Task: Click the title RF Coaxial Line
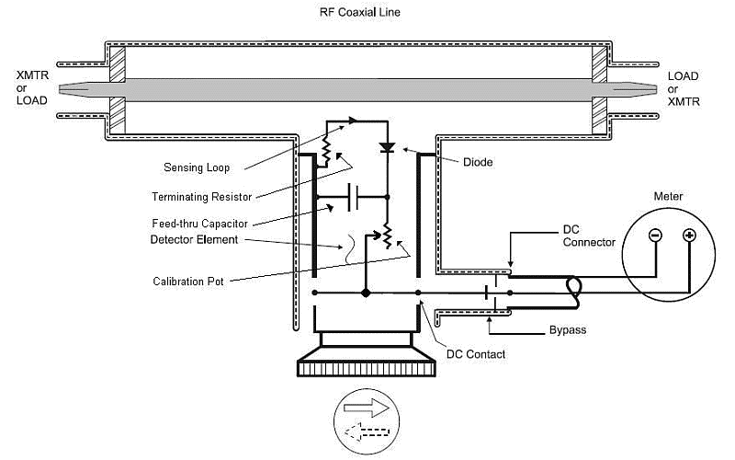359,12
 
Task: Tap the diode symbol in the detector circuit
387,148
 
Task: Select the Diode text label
478,163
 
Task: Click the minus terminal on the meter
655,235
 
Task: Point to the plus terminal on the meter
689,235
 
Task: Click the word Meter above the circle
668,196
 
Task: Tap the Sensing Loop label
197,167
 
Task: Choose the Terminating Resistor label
201,197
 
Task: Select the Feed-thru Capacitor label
199,224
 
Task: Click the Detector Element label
194,240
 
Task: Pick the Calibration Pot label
188,282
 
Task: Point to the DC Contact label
475,354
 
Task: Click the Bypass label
567,330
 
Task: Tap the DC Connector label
589,236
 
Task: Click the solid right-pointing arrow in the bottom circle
366,408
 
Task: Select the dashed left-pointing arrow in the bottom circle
366,431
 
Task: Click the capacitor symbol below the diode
354,197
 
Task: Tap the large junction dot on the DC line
366,293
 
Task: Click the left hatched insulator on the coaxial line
118,90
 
